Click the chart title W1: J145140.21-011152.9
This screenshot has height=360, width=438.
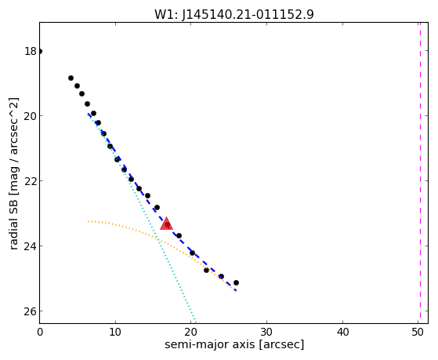[234, 14]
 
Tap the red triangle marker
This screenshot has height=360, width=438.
[166, 224]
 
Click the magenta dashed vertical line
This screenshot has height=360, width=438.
[420, 173]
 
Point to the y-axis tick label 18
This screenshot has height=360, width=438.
[31, 51]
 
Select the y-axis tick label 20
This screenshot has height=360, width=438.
[31, 115]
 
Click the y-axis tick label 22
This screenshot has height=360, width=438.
[31, 180]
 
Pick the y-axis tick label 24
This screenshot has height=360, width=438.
[31, 245]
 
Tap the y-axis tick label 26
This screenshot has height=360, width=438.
[31, 311]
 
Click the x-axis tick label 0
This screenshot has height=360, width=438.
[40, 333]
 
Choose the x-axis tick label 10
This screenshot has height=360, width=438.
[115, 333]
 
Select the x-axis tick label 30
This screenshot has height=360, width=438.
[266, 333]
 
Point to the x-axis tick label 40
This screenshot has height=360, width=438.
[342, 333]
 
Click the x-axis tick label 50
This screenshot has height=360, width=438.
[418, 333]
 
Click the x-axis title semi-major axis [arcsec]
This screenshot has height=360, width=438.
[234, 344]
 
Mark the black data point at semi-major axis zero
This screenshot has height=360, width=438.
[40, 51]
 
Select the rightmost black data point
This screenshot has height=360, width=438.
[236, 283]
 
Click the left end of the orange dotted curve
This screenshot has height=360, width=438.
[89, 221]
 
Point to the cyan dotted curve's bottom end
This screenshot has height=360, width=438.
[196, 322]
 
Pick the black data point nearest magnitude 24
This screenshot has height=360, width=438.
[192, 253]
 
